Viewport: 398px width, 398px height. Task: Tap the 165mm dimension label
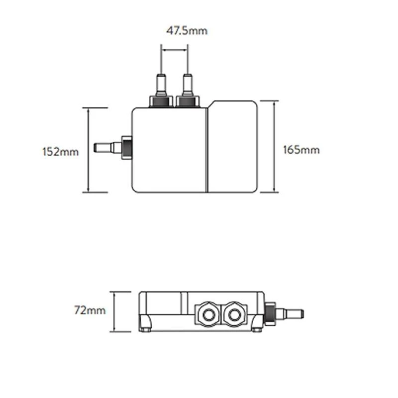301,150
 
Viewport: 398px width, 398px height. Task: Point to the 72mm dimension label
90,310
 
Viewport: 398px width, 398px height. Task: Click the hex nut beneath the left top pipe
161,101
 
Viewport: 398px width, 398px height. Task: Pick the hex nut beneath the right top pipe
188,101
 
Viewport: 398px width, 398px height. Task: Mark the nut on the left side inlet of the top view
126,147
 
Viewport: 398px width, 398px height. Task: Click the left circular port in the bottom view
205,313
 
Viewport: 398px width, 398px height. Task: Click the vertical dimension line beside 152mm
88,150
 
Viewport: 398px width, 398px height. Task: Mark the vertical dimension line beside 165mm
274,146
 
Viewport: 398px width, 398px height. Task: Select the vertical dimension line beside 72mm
115,312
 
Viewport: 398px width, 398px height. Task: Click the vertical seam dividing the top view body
206,149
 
